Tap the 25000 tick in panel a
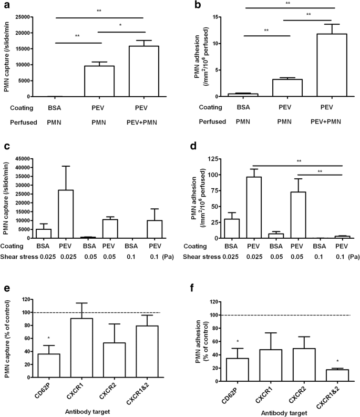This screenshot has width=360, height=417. [26, 17]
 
